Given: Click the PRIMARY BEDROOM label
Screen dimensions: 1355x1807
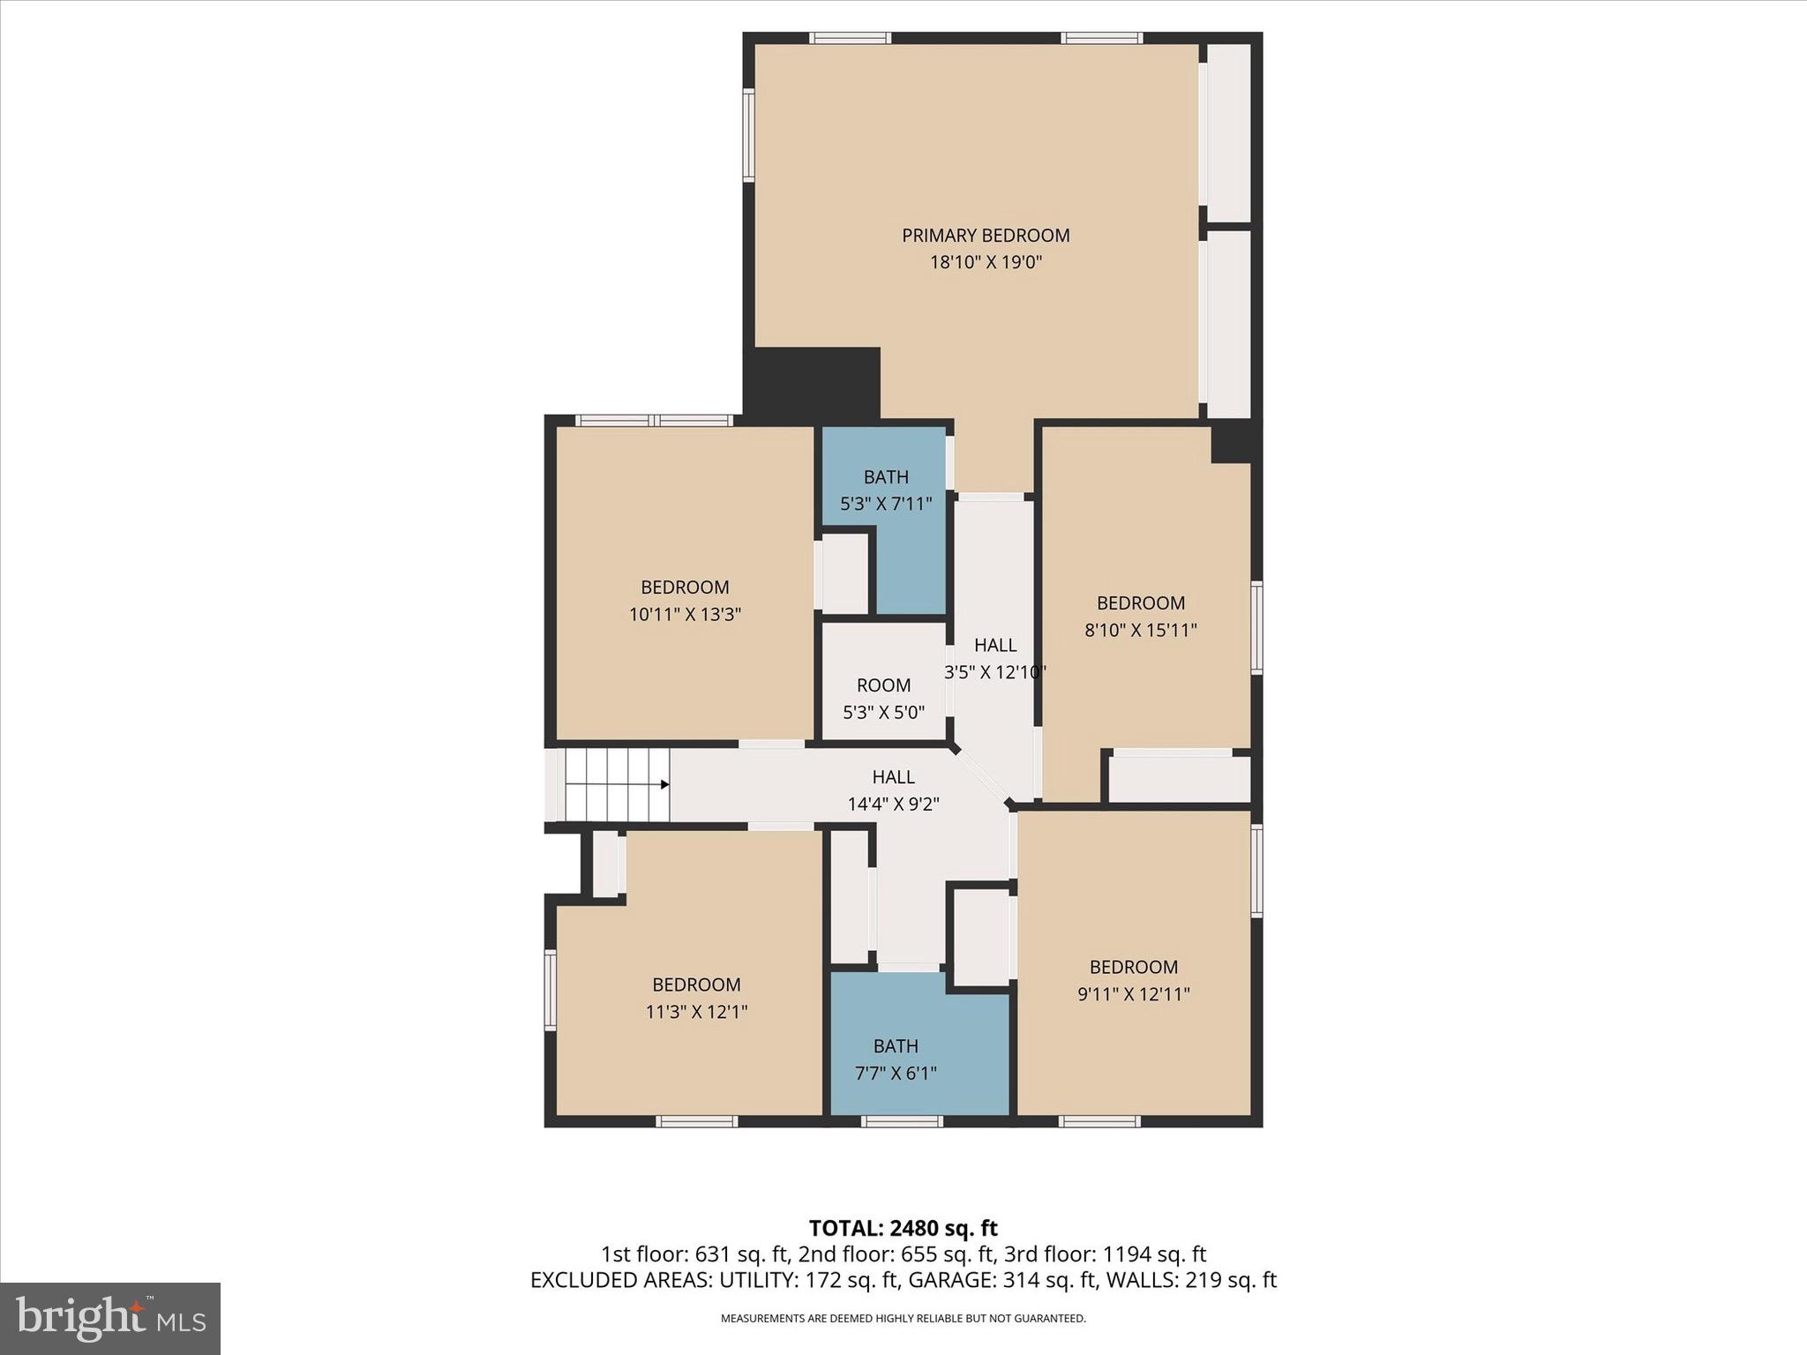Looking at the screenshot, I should (986, 236).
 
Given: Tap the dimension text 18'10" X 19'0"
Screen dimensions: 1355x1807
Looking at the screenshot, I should (986, 263).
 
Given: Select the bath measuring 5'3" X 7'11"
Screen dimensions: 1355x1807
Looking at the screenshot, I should (886, 490).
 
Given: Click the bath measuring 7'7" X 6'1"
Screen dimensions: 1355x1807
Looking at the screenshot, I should (896, 1059).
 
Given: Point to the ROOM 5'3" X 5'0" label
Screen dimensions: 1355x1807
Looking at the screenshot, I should (883, 698).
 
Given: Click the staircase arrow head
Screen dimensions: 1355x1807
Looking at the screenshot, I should (665, 784).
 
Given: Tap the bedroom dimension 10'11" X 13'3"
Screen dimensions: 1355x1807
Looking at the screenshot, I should (685, 615).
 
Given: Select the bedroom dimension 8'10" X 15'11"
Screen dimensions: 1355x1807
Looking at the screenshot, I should (1140, 631).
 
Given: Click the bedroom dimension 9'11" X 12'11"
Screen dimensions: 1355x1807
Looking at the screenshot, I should (1133, 994).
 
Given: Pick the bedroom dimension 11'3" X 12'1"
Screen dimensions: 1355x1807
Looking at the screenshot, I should (696, 1012).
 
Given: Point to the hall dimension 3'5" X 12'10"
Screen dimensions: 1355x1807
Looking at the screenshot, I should (995, 672).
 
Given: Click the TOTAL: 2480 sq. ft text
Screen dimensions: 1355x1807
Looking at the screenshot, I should (903, 1228).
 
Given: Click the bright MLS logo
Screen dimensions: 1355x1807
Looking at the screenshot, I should (110, 1318).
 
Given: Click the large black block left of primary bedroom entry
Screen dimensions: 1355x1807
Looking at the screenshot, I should (812, 382).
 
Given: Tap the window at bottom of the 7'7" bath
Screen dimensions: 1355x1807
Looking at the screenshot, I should (902, 1121).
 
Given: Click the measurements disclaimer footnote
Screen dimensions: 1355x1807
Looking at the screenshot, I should (903, 1319).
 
